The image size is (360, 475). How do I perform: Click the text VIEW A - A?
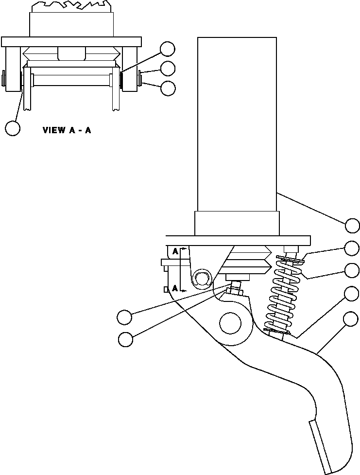pos(67,130)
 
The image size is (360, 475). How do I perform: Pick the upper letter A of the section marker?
pos(175,251)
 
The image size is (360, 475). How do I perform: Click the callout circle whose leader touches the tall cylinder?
pos(353,226)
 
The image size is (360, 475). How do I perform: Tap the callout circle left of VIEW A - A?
pos(13,128)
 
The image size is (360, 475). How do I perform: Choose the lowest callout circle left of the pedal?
pos(125,339)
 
